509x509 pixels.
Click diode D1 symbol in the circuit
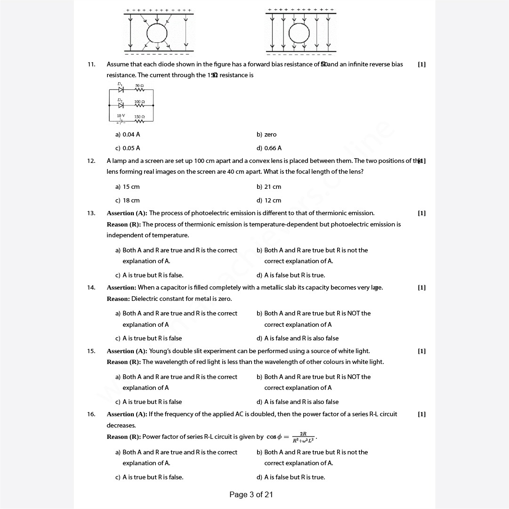pos(121,89)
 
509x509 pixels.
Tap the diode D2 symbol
pos(121,105)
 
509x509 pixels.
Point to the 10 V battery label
pos(121,115)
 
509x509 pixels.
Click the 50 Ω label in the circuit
pos(139,86)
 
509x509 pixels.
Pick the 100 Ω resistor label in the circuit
pos(139,101)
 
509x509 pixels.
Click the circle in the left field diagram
pos(157,33)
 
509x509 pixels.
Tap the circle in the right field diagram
pos(299,33)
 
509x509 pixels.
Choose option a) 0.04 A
pos(128,135)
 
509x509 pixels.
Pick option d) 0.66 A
pos(269,148)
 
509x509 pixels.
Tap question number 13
pos(91,213)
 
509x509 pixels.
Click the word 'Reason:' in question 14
pos(118,299)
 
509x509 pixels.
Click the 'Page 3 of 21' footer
pos(251,494)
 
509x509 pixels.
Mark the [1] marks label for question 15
pos(421,351)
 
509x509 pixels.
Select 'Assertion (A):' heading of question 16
pos(127,414)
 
